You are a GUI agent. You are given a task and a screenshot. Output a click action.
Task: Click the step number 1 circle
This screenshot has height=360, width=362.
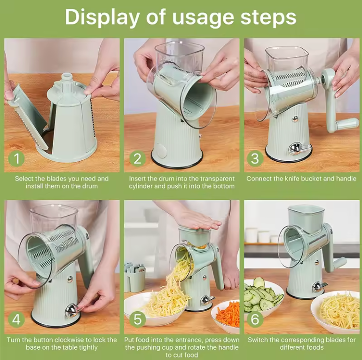[16, 158]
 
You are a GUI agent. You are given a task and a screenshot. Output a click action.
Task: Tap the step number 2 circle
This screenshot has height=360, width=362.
[137, 158]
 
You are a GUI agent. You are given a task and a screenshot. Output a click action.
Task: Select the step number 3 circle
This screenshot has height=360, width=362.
[255, 158]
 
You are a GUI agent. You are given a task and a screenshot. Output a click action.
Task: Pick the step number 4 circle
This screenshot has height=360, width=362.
[16, 320]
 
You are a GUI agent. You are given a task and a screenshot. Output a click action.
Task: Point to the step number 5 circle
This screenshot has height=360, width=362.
[137, 320]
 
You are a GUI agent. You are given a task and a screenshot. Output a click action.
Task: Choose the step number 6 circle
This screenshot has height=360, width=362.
[255, 320]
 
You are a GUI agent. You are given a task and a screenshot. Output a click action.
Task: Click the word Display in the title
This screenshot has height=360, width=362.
[102, 18]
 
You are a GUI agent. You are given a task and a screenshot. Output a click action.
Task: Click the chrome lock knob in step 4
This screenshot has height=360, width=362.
[71, 310]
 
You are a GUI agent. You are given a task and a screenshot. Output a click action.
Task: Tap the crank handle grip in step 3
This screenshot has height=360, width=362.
[345, 124]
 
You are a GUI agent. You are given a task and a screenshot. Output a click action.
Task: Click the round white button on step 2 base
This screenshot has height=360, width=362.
[161, 150]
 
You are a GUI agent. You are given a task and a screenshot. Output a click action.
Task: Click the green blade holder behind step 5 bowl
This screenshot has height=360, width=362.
[134, 276]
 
